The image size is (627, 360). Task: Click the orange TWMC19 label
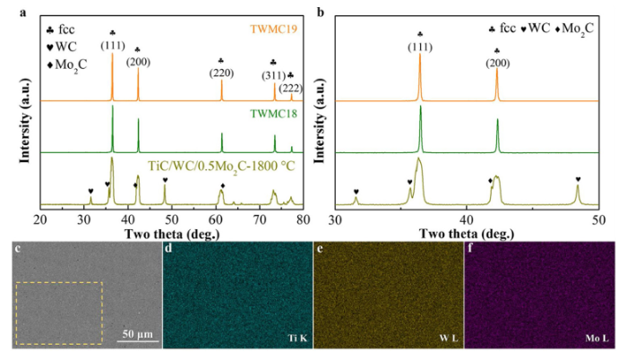click(x=260, y=29)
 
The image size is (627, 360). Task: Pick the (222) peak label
click(x=290, y=87)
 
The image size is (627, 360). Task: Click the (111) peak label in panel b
click(x=419, y=45)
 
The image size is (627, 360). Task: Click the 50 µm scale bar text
click(x=140, y=333)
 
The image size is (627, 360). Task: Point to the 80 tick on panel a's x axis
click(x=303, y=219)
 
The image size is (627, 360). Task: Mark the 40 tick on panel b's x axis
click(x=467, y=219)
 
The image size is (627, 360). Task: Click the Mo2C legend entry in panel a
click(x=68, y=63)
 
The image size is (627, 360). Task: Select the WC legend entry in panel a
click(x=63, y=45)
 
